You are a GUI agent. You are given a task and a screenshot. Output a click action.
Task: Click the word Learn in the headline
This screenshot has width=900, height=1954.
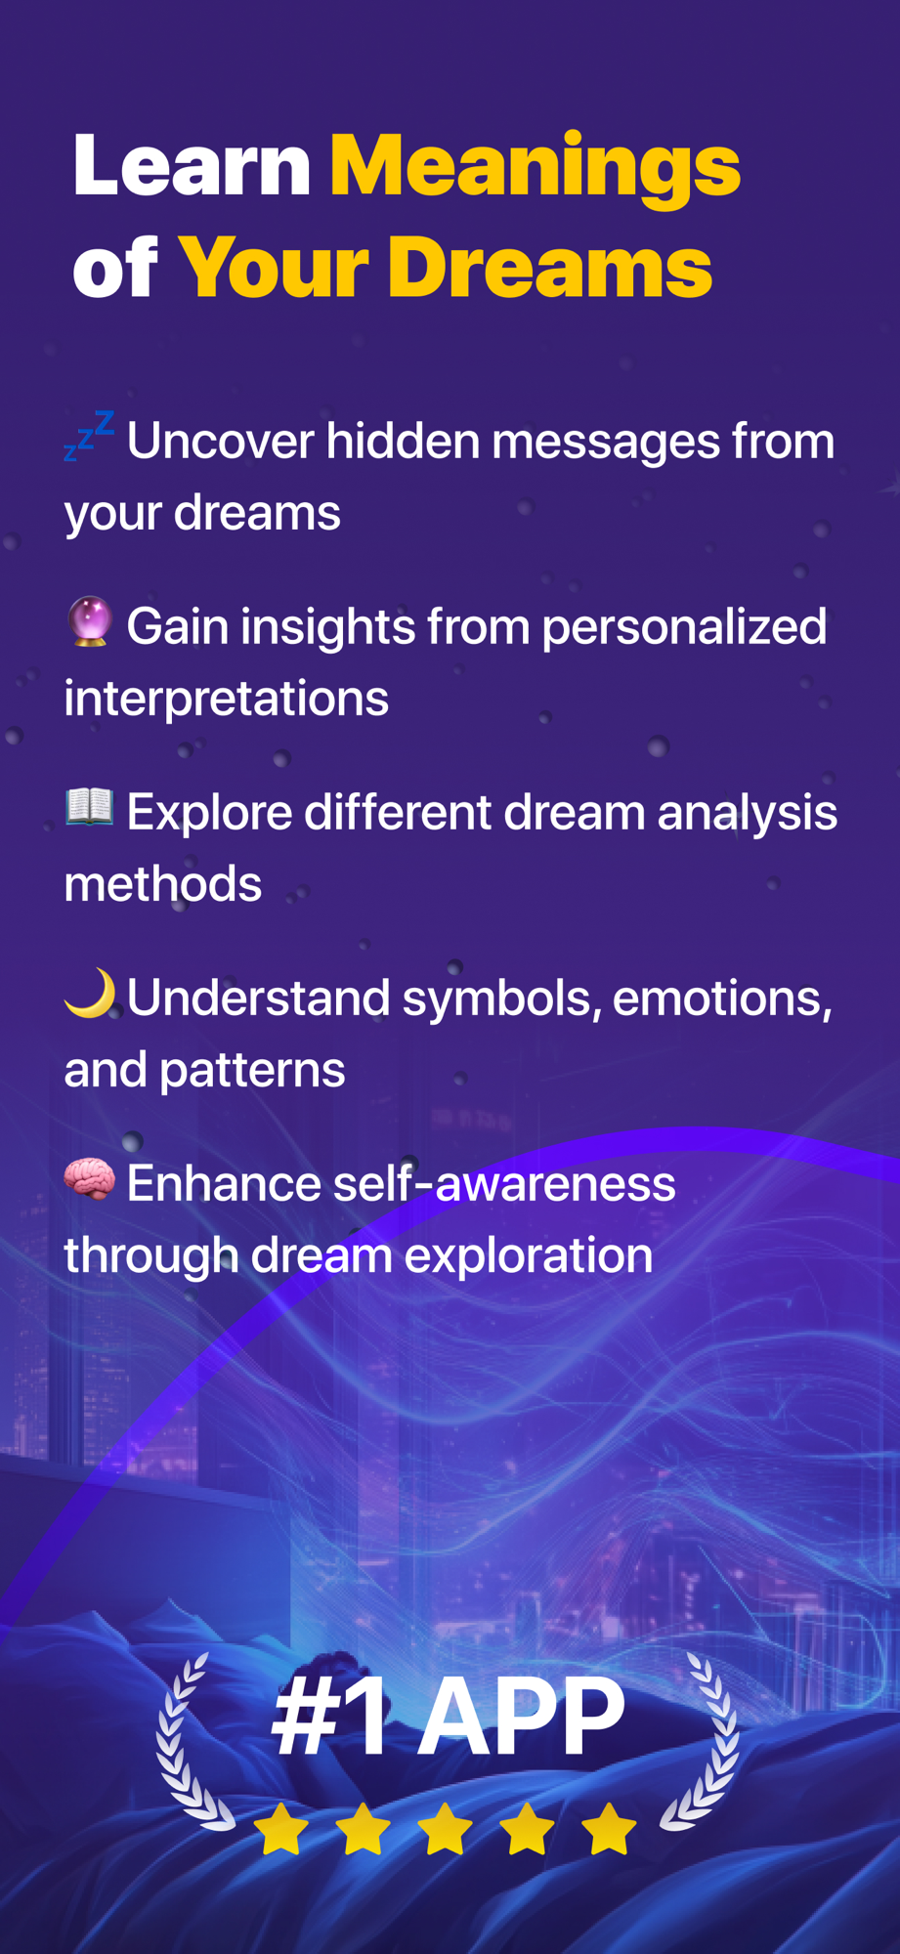(x=193, y=166)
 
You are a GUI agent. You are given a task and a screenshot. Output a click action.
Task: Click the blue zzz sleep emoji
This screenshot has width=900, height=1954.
(x=89, y=435)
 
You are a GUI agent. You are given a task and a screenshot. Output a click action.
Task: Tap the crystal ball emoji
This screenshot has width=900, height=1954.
(x=90, y=622)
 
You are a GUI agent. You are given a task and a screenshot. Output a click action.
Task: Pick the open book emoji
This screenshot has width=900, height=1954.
(x=90, y=807)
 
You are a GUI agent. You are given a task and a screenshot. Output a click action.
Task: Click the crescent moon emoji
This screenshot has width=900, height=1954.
(x=90, y=994)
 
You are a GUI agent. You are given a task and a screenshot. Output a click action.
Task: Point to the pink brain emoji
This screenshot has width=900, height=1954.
(x=90, y=1178)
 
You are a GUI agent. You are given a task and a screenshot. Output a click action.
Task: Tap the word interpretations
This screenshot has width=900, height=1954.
(x=227, y=700)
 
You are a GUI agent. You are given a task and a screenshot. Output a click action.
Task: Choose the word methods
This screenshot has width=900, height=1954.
(x=163, y=884)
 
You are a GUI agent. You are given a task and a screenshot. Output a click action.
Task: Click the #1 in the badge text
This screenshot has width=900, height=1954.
(x=330, y=1716)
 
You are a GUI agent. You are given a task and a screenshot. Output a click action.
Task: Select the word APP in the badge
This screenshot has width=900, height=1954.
(x=521, y=1716)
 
